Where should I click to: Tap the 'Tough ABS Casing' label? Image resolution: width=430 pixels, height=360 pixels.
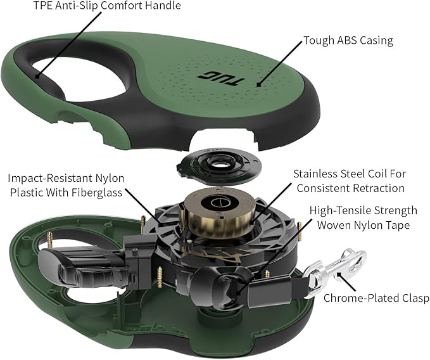(x=348, y=41)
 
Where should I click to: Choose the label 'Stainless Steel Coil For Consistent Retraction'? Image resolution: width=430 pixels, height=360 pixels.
(x=349, y=180)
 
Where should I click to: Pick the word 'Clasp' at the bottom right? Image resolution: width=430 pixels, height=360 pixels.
(x=414, y=298)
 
